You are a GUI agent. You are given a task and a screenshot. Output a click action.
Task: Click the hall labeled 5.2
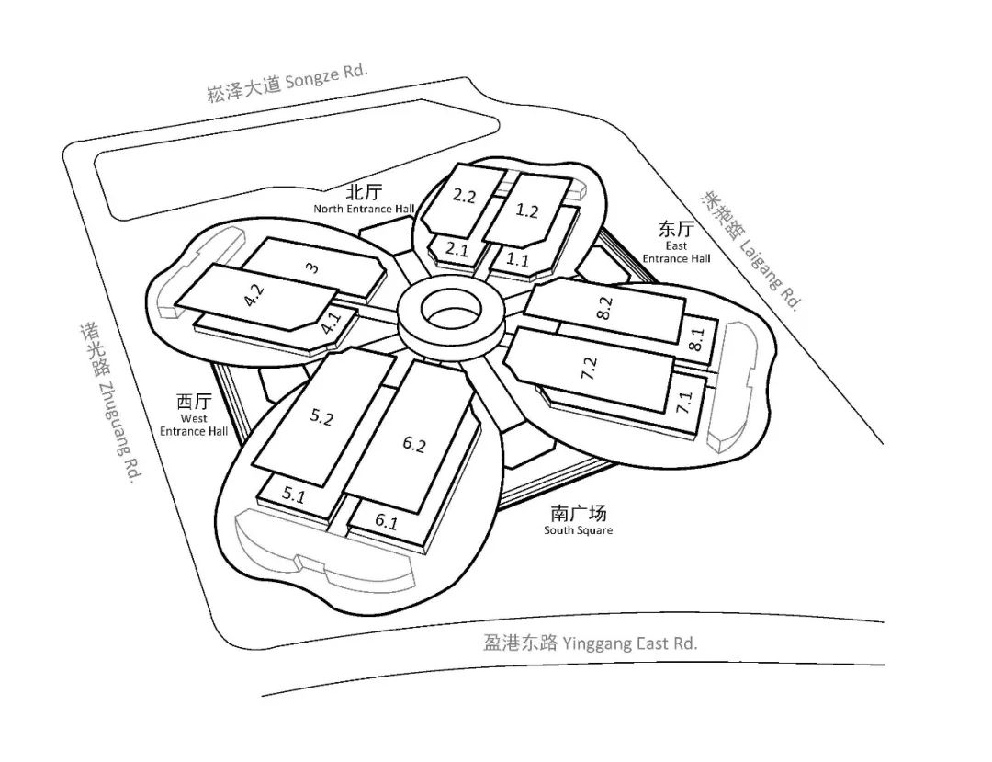tap(321, 418)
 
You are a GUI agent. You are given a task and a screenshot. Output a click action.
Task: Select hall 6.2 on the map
tap(414, 445)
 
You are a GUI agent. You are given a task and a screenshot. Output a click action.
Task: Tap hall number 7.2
tap(591, 368)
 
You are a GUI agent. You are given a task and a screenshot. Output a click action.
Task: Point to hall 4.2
tap(254, 298)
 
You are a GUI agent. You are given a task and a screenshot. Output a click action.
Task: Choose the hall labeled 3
tap(312, 267)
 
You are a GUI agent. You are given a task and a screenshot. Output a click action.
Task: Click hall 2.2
tap(464, 196)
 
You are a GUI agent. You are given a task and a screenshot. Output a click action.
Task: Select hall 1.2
tap(527, 210)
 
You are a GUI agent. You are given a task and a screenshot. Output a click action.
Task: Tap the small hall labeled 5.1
tap(293, 495)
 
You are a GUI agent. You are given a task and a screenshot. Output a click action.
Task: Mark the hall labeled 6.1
tap(387, 522)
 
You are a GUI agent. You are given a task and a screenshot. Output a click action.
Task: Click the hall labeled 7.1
tap(684, 402)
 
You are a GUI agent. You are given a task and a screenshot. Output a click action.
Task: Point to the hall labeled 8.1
tap(696, 340)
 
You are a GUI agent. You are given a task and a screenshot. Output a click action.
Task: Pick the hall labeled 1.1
tap(518, 260)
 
